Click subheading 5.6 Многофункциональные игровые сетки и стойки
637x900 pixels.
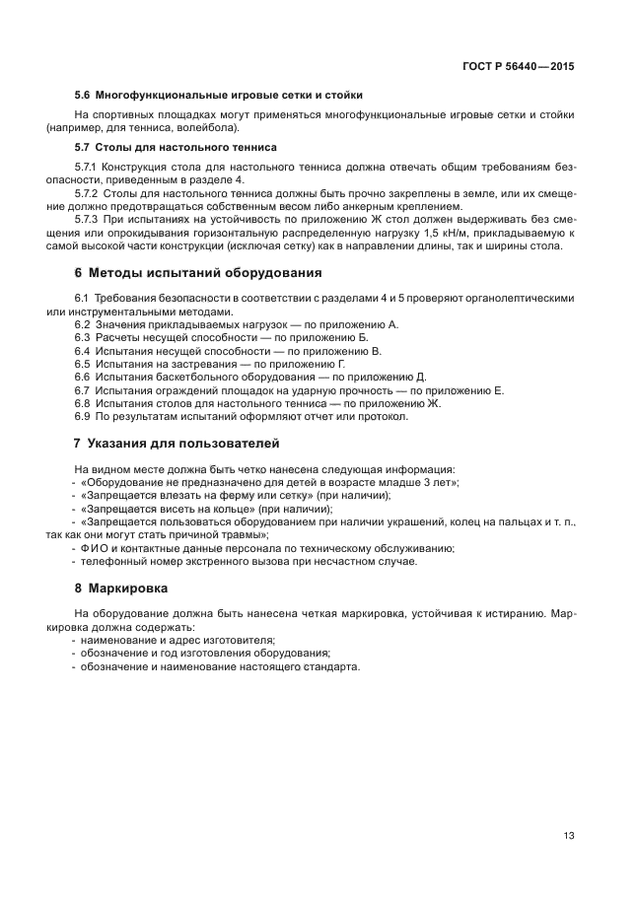point(219,95)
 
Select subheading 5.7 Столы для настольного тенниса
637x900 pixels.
point(176,147)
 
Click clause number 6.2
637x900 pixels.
point(82,324)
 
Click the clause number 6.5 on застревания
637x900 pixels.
point(82,364)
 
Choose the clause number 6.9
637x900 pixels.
point(82,416)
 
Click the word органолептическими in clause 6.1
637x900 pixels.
point(523,299)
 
